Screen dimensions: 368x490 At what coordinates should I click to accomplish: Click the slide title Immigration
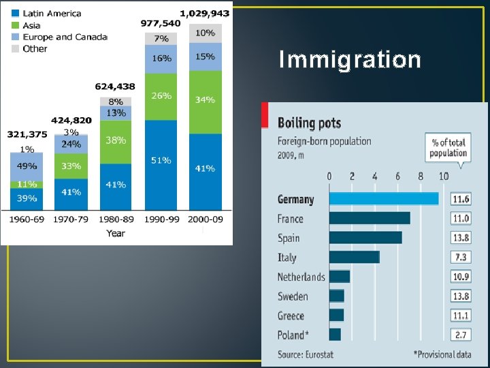click(350, 60)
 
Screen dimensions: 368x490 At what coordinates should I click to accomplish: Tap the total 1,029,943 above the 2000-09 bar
click(205, 13)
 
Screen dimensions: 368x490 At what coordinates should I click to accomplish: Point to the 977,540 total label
click(161, 22)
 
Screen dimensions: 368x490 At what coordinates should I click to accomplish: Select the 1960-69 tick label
click(27, 219)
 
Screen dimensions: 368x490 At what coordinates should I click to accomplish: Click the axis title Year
click(116, 233)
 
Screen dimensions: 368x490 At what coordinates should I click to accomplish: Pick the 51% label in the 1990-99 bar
click(161, 161)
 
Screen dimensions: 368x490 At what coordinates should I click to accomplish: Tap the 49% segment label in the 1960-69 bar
click(27, 166)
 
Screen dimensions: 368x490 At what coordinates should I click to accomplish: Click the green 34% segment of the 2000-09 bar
click(205, 100)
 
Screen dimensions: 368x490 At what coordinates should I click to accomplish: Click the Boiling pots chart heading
click(309, 123)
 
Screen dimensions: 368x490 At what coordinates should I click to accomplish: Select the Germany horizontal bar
click(384, 199)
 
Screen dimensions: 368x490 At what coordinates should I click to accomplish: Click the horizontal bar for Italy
click(354, 257)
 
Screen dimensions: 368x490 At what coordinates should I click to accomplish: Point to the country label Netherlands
click(301, 277)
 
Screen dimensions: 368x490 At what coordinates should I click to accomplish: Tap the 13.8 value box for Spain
click(461, 238)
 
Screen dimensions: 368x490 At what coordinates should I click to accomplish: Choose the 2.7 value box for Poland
click(461, 335)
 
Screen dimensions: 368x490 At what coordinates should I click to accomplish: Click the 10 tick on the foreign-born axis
click(443, 177)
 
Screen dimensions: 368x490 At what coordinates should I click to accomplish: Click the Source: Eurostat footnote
click(305, 354)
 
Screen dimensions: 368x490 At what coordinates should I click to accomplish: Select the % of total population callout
click(448, 147)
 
